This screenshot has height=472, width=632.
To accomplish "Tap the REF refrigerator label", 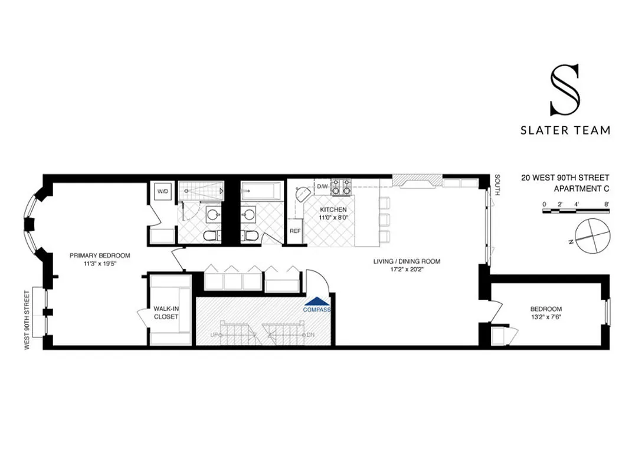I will tap(294, 231).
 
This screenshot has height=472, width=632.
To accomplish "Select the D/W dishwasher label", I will tap(322, 187).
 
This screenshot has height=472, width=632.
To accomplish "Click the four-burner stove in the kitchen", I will tap(340, 186).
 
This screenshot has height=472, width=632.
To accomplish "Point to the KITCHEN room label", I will tap(333, 209).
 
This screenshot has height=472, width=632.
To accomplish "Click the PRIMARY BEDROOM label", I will tap(100, 255).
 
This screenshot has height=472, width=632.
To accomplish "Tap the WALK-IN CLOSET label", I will tap(166, 312).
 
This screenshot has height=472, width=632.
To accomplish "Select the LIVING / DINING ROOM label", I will tap(407, 261).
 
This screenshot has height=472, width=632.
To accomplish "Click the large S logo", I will tap(565, 90).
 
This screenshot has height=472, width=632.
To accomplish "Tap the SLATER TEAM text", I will tap(565, 130).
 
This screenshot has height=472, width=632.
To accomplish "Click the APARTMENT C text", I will tap(581, 189).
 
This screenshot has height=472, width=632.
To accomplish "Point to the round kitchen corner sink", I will tap(303, 194).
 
